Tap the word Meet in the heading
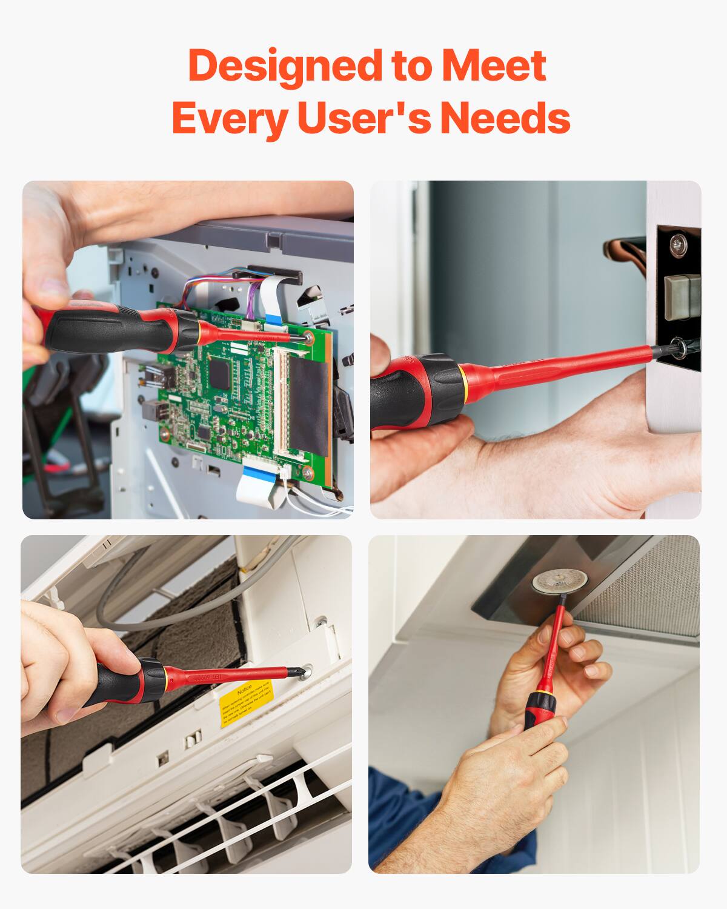click(494, 66)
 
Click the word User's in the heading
click(363, 118)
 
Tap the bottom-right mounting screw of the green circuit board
click(308, 471)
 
